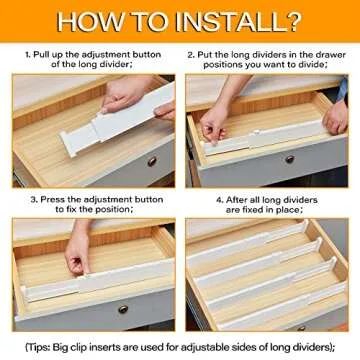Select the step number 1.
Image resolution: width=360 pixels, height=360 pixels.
pos(29,51)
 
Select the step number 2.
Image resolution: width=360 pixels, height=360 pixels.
pos(191,51)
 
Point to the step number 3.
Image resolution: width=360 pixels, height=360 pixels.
pos(32,198)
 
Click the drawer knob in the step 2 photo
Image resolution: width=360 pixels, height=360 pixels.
pos(290,159)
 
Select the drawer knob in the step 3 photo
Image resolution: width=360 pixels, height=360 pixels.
pos(123,309)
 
